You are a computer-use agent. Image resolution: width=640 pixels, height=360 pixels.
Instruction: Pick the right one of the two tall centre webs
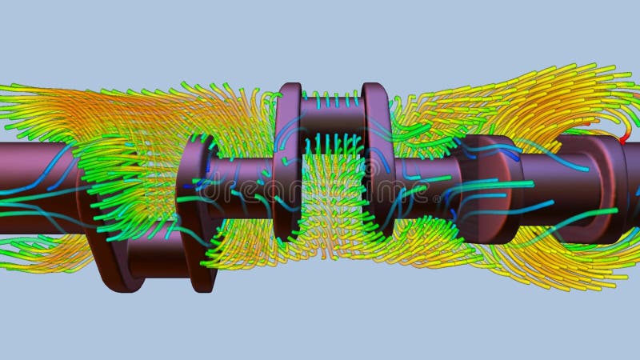[x=376, y=160]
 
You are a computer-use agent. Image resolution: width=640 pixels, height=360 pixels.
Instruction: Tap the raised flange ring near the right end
[x=588, y=180]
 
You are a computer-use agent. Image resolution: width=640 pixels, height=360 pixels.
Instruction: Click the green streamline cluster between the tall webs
[x=332, y=208]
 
